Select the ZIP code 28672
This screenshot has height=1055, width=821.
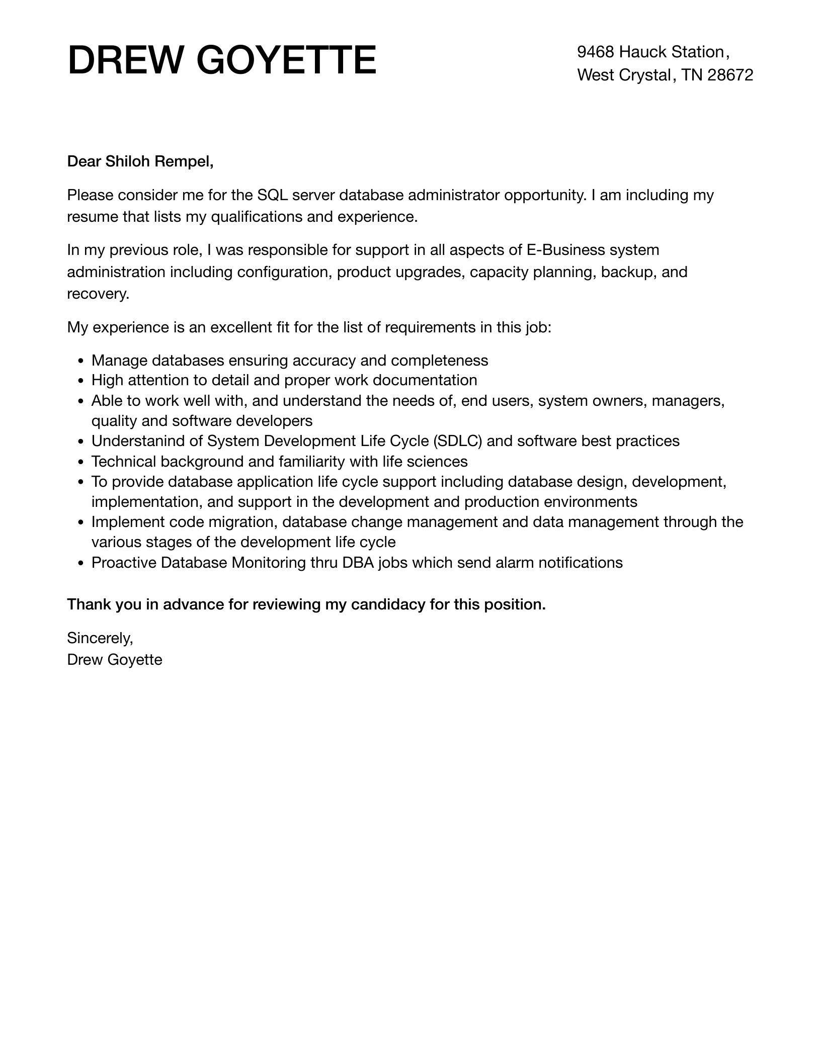pyautogui.click(x=730, y=75)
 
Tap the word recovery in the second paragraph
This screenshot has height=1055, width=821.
pyautogui.click(x=98, y=294)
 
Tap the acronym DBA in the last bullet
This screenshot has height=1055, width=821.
pyautogui.click(x=358, y=563)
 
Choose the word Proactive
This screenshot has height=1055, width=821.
pyautogui.click(x=124, y=563)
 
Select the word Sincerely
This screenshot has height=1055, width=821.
pyautogui.click(x=100, y=638)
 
